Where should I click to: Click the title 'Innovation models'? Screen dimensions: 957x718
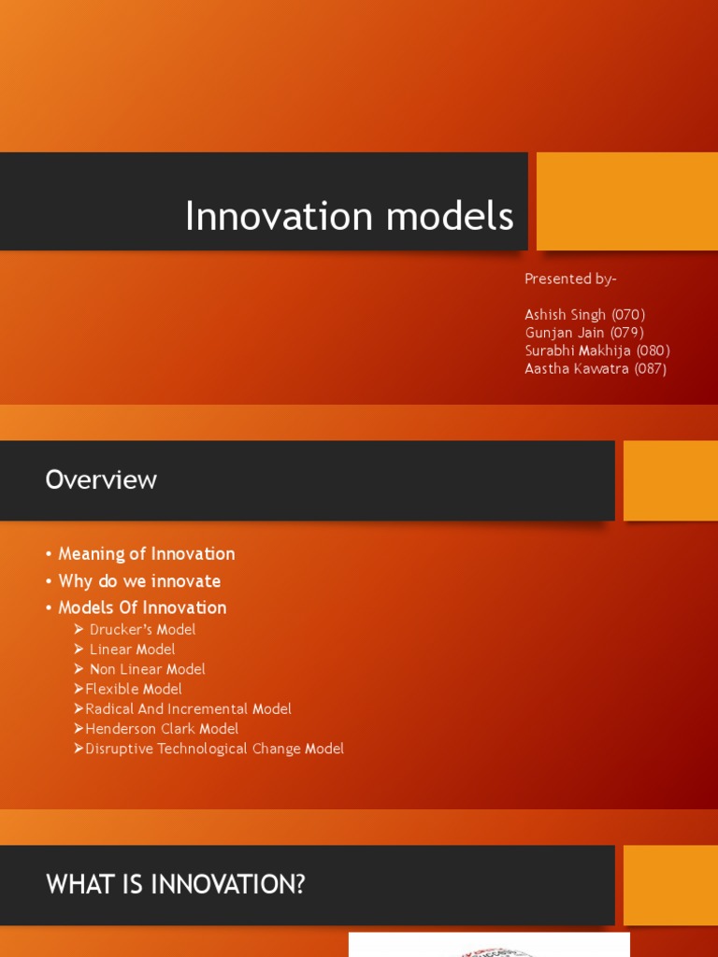(349, 216)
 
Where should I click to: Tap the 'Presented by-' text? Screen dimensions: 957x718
(570, 279)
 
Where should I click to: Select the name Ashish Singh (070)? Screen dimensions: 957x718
(585, 315)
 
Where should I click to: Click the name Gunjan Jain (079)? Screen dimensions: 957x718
(584, 333)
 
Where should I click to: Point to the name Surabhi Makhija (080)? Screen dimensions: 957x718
(597, 350)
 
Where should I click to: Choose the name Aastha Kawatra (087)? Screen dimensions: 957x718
(596, 368)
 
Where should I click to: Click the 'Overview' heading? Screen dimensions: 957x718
(101, 479)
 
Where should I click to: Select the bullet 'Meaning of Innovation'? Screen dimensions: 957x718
(146, 553)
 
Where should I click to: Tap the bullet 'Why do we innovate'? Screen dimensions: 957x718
(139, 580)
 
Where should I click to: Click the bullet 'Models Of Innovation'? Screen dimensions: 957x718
(142, 607)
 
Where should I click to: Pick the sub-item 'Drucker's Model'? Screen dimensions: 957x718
(142, 629)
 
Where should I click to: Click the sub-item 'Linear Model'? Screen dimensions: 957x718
(132, 649)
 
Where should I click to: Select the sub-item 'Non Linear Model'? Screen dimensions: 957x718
(147, 669)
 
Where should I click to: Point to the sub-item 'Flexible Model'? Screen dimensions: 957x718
(133, 689)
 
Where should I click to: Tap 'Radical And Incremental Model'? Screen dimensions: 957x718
(188, 708)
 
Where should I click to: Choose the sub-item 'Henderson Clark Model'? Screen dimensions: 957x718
(162, 728)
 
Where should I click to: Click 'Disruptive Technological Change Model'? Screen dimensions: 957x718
(214, 749)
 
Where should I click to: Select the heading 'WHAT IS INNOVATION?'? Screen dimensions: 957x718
(176, 884)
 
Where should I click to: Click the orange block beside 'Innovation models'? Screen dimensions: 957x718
(626, 201)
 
